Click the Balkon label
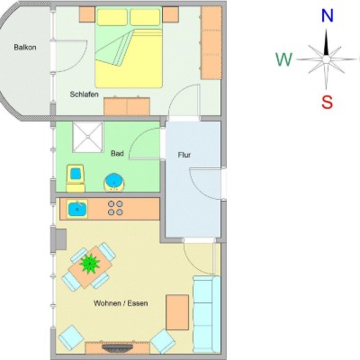coord(25,47)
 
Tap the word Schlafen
coord(85,94)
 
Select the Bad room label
coord(117,153)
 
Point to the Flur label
coord(184,155)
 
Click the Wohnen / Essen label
coord(121,303)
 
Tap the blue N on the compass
coord(328,15)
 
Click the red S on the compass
coord(327,102)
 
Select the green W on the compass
coord(283,59)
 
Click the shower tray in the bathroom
coord(87,137)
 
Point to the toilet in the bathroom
coord(76,178)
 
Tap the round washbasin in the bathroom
coord(113,183)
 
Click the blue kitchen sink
coord(77,209)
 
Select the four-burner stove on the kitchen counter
coord(115,208)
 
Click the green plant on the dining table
coord(90,264)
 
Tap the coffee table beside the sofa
coord(177,312)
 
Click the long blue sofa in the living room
coord(207,314)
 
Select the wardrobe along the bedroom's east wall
coord(211,42)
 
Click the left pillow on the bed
coord(112,17)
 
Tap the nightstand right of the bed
coord(171,14)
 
